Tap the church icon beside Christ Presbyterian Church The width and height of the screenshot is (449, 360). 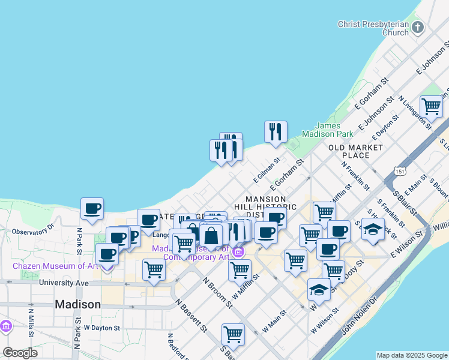click(x=418, y=27)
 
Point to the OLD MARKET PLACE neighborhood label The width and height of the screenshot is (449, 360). click(x=355, y=151)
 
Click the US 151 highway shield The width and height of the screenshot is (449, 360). click(x=399, y=172)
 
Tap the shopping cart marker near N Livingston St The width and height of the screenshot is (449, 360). click(x=431, y=107)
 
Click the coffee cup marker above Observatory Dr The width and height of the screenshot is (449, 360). click(x=92, y=209)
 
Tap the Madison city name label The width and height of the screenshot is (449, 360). click(x=77, y=304)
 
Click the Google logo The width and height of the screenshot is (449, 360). click(x=20, y=353)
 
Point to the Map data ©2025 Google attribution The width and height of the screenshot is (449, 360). click(x=412, y=355)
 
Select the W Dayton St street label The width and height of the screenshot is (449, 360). click(x=103, y=328)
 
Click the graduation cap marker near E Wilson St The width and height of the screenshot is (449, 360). click(x=373, y=230)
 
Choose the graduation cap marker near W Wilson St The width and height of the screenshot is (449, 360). click(x=319, y=290)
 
